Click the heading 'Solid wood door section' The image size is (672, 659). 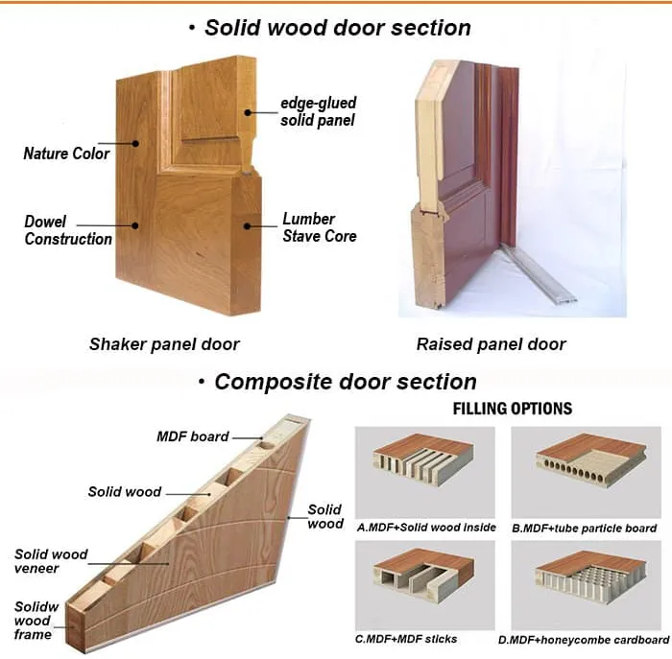tap(337, 27)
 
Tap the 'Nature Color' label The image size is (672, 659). tap(66, 153)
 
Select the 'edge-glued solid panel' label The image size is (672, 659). tap(318, 111)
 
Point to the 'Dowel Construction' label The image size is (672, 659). tap(68, 230)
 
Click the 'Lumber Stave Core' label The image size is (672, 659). tap(319, 227)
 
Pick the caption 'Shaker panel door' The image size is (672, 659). tap(164, 343)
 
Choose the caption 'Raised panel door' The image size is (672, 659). tap(491, 343)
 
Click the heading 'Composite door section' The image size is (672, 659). tap(345, 382)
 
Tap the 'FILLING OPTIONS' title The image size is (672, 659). tap(512, 410)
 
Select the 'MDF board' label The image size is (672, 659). tap(192, 436)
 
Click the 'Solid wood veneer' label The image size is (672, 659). tap(51, 561)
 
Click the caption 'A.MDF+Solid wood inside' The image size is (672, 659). tap(426, 528)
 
